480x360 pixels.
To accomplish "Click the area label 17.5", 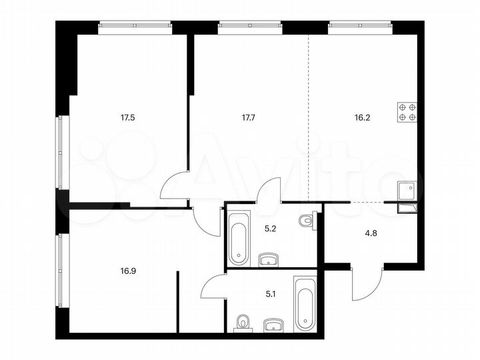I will tap(127, 117).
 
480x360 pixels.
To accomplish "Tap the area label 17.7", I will tap(247, 117).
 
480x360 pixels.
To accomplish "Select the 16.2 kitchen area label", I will tap(363, 117).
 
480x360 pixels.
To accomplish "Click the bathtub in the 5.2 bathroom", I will tap(238, 237).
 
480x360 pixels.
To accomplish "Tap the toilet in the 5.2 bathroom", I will tap(307, 221).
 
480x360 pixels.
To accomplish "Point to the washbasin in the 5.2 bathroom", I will tap(269, 259).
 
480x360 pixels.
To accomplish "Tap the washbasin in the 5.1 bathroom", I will tap(273, 325).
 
